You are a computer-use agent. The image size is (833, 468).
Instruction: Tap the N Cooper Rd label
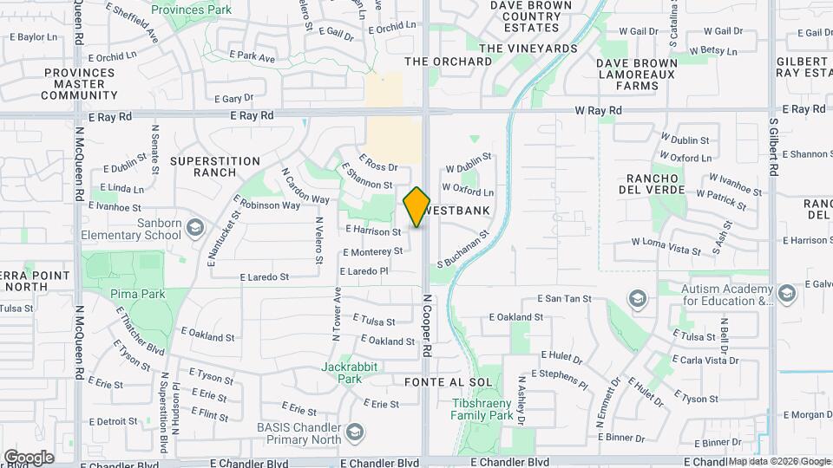click(428, 324)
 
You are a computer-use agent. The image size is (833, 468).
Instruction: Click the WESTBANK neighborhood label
click(460, 211)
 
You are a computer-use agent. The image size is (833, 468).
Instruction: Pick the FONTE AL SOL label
click(448, 381)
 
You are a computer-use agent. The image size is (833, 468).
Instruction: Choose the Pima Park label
click(138, 294)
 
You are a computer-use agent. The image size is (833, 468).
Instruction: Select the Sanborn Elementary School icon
click(195, 228)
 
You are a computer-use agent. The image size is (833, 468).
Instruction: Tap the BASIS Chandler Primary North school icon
click(354, 432)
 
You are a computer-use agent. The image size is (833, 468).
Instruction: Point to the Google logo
click(29, 457)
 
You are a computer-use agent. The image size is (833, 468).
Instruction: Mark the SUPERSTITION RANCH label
click(215, 166)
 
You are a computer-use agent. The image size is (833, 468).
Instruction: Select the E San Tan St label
click(564, 299)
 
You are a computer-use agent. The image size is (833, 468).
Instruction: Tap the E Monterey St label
click(372, 251)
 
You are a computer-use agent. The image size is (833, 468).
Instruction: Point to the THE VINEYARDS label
click(528, 49)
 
